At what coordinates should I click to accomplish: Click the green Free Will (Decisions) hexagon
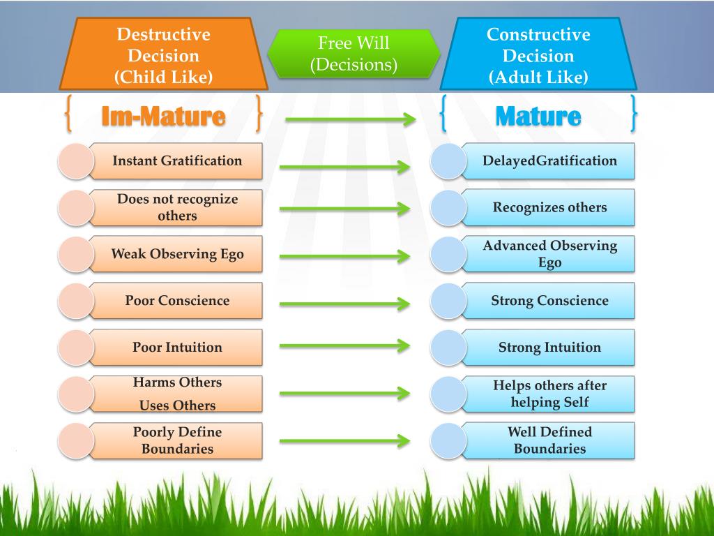tap(354, 54)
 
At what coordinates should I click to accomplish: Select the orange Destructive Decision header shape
tap(163, 55)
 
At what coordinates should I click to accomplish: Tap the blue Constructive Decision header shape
tap(538, 55)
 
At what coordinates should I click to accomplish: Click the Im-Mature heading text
tap(163, 116)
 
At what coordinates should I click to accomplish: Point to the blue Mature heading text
tap(538, 116)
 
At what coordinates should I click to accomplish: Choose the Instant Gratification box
tap(177, 161)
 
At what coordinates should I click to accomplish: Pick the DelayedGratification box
tap(549, 161)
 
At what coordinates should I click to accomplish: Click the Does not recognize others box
tap(177, 207)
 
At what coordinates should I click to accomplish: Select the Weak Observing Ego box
tap(177, 254)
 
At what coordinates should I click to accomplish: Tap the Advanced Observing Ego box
tap(549, 254)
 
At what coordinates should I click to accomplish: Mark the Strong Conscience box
tap(549, 301)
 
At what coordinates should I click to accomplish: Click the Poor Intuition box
tap(177, 348)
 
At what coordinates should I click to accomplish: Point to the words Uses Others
tap(177, 405)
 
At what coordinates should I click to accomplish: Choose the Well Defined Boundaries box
tap(549, 440)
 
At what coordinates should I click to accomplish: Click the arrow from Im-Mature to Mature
tap(350, 119)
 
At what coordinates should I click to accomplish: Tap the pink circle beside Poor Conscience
tap(75, 301)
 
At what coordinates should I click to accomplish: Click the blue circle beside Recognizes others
tap(448, 207)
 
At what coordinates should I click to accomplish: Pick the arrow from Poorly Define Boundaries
tap(344, 440)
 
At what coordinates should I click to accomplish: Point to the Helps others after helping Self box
tap(549, 394)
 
